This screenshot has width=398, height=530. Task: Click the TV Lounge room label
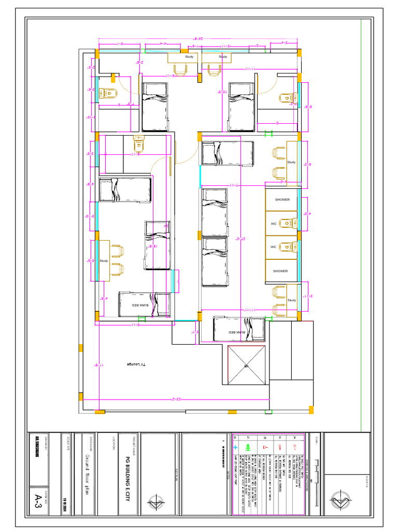pos(137,364)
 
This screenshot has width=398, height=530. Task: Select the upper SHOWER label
pos(282,199)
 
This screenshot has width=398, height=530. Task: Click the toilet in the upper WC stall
pos(287,224)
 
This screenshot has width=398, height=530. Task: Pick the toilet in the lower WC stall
pos(287,247)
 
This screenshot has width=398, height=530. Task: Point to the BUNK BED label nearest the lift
pos(235,332)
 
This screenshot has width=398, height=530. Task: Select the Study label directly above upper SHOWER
pos(291,163)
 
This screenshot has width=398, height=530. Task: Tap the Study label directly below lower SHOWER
pos(291,300)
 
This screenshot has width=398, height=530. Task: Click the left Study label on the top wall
pos(189,56)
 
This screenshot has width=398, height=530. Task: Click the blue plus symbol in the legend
pos(236,447)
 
